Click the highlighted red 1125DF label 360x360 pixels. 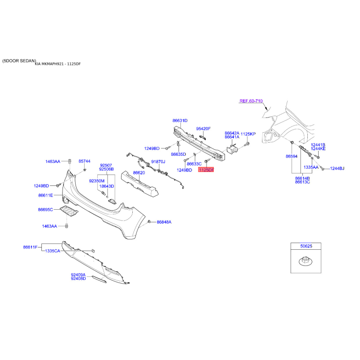(x=206, y=170)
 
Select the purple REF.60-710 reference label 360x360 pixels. (x=251, y=101)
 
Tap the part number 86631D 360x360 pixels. (x=180, y=121)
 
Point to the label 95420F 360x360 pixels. (x=203, y=129)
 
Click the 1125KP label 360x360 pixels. (x=248, y=134)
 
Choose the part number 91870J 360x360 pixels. (x=158, y=162)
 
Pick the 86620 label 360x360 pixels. (x=139, y=173)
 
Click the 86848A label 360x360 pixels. (x=164, y=222)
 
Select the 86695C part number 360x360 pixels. (x=45, y=210)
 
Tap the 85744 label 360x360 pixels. (x=85, y=161)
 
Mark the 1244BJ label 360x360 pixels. (x=337, y=168)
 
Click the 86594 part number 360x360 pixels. (x=292, y=156)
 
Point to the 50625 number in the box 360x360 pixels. (x=306, y=246)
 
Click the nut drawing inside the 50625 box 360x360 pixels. (x=306, y=261)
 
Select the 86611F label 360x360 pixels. (x=30, y=247)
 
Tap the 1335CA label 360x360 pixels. (x=53, y=251)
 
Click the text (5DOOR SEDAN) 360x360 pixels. (x=19, y=61)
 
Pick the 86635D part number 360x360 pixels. (x=178, y=154)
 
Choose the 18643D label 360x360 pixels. (x=107, y=186)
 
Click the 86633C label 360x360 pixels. (x=194, y=164)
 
